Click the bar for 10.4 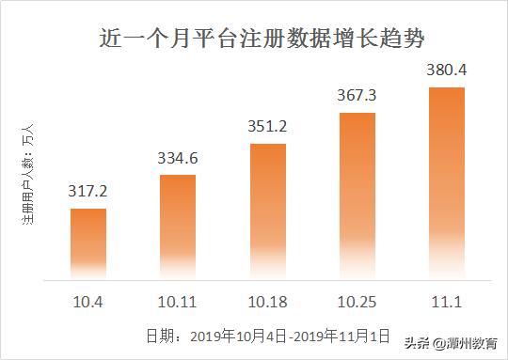click(88, 243)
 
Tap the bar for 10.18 click(266, 211)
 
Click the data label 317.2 click(88, 191)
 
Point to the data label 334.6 click(177, 158)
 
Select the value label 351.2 click(266, 127)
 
